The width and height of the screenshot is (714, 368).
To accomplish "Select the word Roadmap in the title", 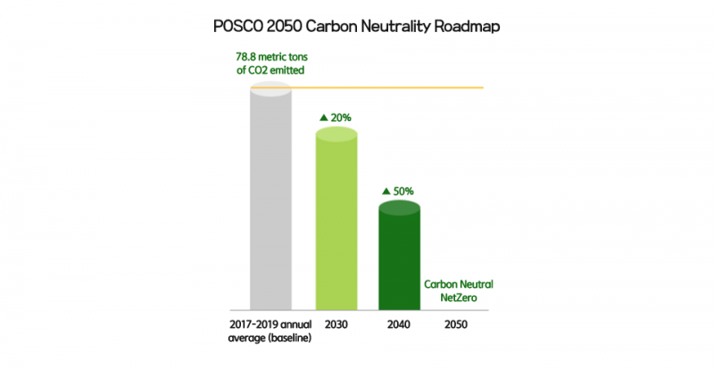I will [x=468, y=26].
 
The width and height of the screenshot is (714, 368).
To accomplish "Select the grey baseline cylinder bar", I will [x=270, y=196].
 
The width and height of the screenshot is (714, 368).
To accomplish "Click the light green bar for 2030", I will [x=337, y=218].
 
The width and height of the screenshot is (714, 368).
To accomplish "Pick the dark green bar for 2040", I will [x=399, y=254].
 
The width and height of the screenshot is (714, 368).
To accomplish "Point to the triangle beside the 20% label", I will [x=325, y=117].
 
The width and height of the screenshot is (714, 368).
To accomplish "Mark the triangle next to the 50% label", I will [x=386, y=191].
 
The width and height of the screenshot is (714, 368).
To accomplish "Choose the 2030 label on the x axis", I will [x=337, y=325].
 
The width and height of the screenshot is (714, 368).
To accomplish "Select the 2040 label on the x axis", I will [x=399, y=325].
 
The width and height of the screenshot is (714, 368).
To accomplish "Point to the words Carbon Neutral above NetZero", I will [x=459, y=283].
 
